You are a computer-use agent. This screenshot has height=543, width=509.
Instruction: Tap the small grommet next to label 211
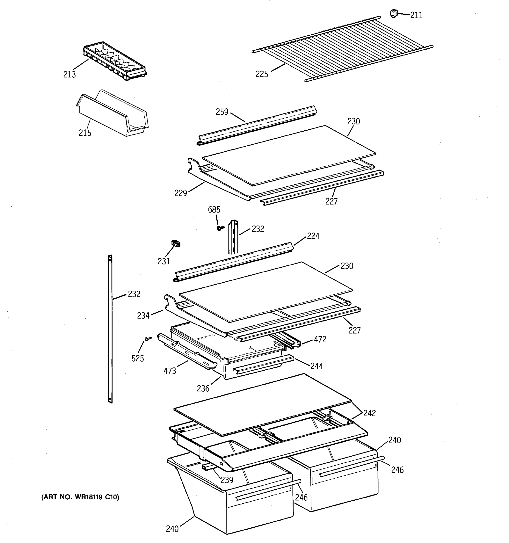point(393,13)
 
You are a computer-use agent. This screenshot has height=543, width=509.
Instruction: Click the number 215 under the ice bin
point(85,133)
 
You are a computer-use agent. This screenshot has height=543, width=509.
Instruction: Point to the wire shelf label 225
point(262,74)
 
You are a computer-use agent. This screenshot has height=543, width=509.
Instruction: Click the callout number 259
point(222,112)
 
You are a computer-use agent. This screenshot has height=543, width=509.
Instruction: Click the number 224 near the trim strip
point(313,236)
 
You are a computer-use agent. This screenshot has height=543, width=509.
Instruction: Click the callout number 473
point(170,371)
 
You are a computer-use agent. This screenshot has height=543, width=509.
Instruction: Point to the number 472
point(320,340)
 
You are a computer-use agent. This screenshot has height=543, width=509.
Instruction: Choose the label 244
point(316,366)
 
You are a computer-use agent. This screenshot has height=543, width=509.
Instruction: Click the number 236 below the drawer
point(203,388)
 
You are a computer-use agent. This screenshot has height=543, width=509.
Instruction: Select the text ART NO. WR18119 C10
point(80,497)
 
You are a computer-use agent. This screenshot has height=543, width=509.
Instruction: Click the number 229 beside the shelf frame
point(181,193)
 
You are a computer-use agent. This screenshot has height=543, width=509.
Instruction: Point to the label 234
point(143,316)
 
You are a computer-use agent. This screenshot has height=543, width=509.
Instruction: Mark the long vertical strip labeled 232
point(110,328)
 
